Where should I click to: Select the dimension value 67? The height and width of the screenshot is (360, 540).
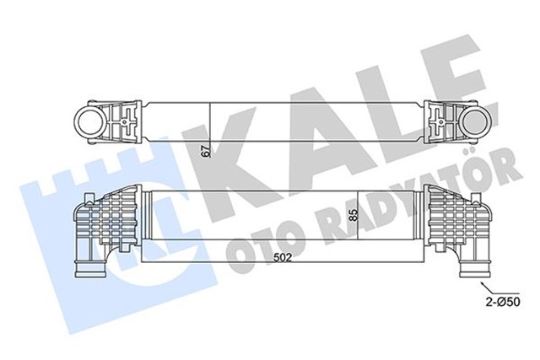[202, 152]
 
